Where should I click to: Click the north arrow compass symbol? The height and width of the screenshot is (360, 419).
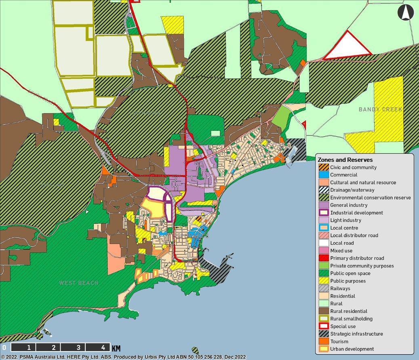406,13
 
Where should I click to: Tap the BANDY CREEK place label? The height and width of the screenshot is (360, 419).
380,109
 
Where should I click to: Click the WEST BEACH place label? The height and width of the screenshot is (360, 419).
78,283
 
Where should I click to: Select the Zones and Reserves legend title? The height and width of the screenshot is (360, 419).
345,160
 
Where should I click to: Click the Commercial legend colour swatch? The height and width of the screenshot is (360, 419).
323,175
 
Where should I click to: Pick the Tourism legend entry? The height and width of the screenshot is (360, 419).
339,341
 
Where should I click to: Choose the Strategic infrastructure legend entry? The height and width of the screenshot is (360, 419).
356,334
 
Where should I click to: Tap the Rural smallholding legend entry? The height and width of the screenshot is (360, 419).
351,319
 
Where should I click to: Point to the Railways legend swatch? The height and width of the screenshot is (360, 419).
323,289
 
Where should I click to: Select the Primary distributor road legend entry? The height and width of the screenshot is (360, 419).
357,258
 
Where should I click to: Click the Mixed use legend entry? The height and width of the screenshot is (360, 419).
341,251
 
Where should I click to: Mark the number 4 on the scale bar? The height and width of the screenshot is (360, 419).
103,347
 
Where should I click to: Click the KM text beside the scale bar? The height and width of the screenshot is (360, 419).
116,348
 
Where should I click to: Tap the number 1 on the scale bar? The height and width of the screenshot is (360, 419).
29,347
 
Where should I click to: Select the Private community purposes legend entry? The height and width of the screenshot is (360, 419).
362,266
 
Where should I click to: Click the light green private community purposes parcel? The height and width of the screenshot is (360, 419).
281,117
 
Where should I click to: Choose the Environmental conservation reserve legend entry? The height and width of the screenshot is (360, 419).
370,198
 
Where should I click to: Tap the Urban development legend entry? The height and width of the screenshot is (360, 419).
352,349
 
